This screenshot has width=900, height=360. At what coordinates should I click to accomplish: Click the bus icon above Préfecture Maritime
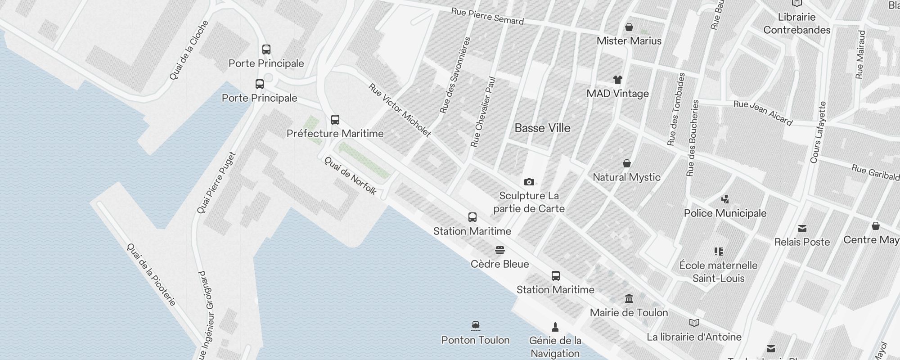coord(335,120)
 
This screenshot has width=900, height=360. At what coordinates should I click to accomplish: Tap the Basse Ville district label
coord(542,128)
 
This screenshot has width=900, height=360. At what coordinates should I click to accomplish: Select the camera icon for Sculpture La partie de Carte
coord(529,182)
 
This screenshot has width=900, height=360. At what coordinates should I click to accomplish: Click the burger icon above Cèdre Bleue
coord(500,250)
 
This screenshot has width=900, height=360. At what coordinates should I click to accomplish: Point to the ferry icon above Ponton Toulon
coord(476,326)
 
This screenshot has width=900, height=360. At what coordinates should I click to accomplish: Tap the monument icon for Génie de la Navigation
coord(555,327)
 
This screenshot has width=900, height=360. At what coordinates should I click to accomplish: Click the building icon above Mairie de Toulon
coord(629,298)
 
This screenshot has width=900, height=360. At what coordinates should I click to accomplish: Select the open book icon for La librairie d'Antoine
coord(694,323)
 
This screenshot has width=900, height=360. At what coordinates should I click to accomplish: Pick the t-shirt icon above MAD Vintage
coord(618,80)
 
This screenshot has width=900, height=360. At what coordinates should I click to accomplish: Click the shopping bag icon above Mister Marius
coord(629,27)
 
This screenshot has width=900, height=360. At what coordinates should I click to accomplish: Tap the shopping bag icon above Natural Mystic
coord(626,163)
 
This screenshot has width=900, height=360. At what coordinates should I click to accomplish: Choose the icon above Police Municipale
coord(725,199)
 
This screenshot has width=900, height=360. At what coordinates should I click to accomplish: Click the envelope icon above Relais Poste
coord(802,229)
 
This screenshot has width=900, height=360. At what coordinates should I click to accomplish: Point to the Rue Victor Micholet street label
coord(400,110)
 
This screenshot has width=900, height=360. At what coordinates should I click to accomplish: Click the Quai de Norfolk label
coord(350,175)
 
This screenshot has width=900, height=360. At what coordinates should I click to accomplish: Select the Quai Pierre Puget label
coord(216,183)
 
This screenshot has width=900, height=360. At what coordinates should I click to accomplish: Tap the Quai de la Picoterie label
coord(151,274)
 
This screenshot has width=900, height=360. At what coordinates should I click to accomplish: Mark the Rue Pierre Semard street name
coord(487,17)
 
